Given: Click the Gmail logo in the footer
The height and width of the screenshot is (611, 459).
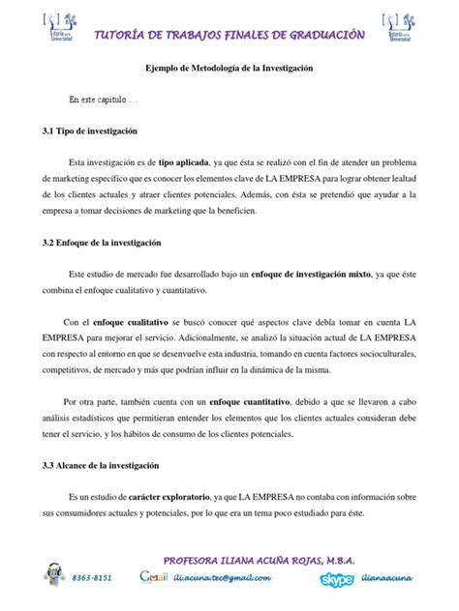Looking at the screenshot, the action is click(x=154, y=578).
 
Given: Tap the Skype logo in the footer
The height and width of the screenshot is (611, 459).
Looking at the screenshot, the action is click(x=337, y=578).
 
